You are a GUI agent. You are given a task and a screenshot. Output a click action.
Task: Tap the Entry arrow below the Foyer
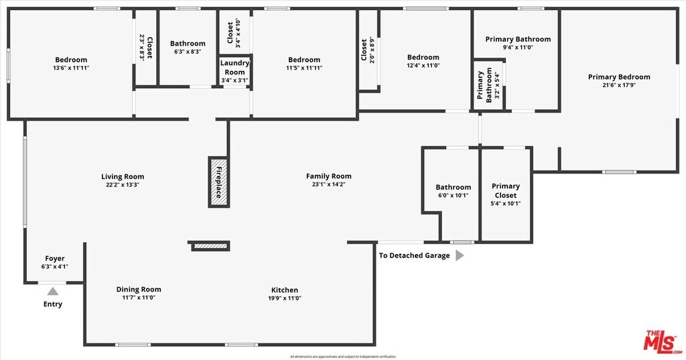pyautogui.click(x=52, y=291)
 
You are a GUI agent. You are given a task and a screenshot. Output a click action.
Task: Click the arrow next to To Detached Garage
pyautogui.click(x=460, y=255)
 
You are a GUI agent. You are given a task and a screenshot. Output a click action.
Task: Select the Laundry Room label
pyautogui.click(x=234, y=68)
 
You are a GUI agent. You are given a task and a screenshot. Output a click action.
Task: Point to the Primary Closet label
pyautogui.click(x=506, y=190)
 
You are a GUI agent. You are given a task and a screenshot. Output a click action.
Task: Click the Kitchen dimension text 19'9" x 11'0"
pyautogui.click(x=285, y=298)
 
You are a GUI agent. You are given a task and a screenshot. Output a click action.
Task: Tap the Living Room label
pyautogui.click(x=123, y=177)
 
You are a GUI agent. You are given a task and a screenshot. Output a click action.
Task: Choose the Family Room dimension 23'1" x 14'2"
pyautogui.click(x=328, y=184)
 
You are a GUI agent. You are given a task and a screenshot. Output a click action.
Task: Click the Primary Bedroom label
pyautogui.click(x=619, y=77)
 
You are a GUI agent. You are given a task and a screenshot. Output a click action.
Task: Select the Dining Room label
pyautogui.click(x=139, y=290)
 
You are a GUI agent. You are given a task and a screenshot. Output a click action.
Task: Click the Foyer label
pyautogui.click(x=55, y=259)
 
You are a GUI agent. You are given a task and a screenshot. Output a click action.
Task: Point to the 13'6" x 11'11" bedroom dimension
pyautogui.click(x=71, y=68)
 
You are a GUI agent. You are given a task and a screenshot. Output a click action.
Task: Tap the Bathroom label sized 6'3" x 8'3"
pyautogui.click(x=188, y=44)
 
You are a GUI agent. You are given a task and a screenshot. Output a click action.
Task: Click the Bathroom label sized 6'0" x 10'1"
pyautogui.click(x=454, y=188)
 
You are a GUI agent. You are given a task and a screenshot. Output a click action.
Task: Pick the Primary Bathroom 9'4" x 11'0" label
pyautogui.click(x=518, y=40)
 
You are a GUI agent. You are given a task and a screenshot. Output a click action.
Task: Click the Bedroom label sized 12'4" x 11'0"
pyautogui.click(x=423, y=58)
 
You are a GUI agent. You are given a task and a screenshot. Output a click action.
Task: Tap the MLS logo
pyautogui.click(x=663, y=341)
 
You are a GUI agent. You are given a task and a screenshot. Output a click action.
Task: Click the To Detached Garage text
pyautogui.click(x=414, y=255)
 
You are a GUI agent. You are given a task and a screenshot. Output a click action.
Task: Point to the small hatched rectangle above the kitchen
pyautogui.click(x=211, y=247)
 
